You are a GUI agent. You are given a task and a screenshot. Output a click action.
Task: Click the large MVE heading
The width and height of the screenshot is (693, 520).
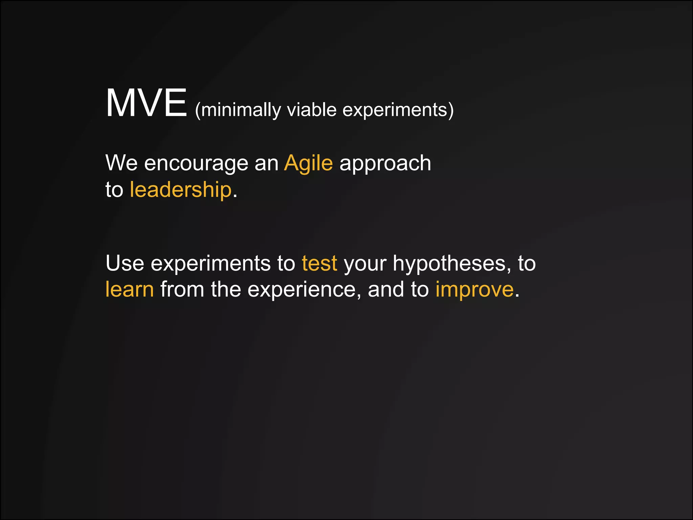click(146, 103)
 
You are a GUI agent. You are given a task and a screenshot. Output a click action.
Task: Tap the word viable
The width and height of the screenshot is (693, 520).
click(311, 110)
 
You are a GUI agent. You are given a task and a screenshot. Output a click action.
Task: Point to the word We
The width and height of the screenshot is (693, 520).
click(121, 163)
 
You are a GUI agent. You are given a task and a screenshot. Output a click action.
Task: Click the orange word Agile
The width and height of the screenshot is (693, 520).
click(308, 164)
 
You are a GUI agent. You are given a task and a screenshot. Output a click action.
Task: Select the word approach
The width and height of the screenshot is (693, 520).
click(385, 164)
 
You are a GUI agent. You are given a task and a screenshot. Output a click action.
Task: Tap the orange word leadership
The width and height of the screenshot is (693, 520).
click(181, 190)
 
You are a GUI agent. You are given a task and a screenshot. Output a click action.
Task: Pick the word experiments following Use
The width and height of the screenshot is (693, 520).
click(210, 264)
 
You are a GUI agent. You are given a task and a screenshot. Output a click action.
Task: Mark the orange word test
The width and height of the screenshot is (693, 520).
click(319, 263)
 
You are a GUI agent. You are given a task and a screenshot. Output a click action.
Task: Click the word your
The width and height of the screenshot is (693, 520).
click(365, 264)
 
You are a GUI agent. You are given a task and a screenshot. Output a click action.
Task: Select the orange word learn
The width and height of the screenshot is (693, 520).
click(130, 289)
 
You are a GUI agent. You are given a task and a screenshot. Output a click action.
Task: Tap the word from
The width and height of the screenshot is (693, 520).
click(182, 289)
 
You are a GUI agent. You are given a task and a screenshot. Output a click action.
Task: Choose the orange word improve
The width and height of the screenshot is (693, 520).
click(474, 290)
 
